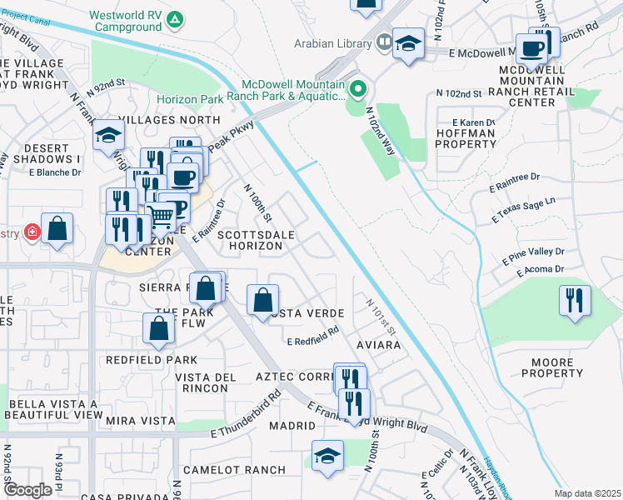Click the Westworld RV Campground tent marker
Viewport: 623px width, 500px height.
(174, 19)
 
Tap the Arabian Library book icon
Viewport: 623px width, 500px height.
(383, 41)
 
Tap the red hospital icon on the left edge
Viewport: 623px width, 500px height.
(31, 232)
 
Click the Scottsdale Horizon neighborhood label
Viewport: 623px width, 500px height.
(256, 235)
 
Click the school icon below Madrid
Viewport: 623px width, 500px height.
(327, 457)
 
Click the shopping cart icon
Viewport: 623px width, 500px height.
(162, 217)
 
